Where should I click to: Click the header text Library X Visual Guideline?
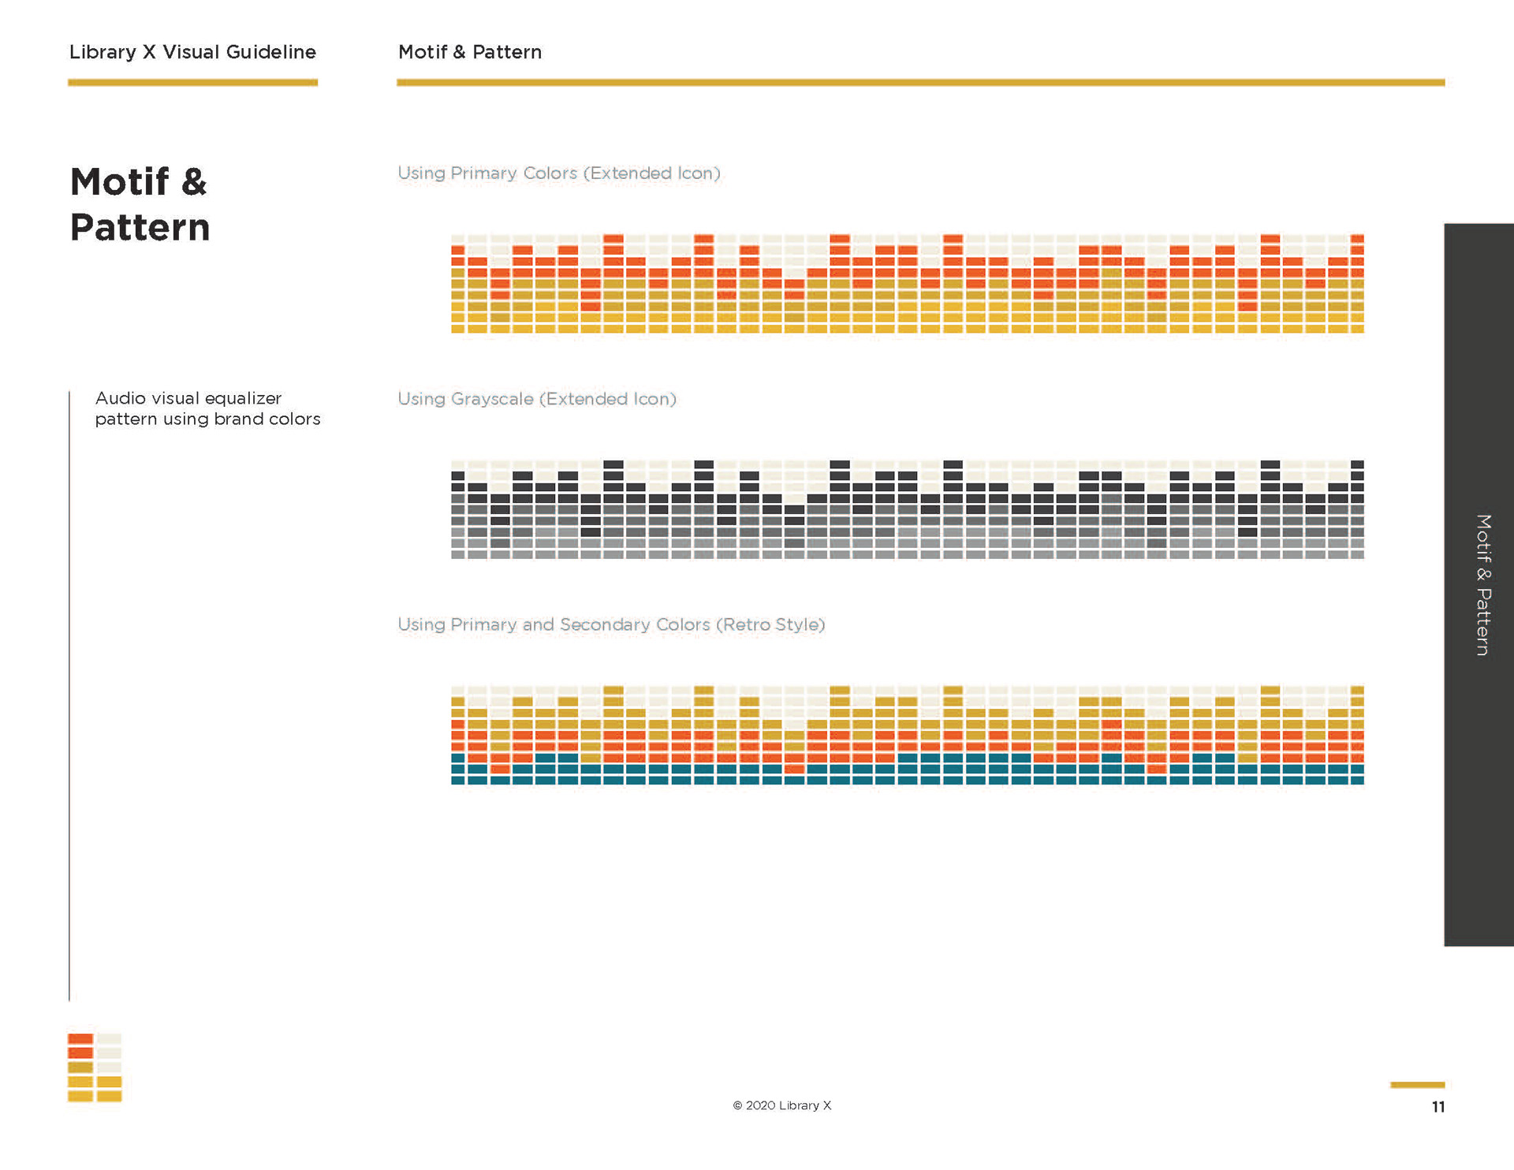click(x=192, y=52)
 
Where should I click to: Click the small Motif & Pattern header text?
click(x=470, y=52)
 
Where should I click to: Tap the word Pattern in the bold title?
click(x=140, y=228)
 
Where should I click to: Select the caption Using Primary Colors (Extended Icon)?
click(x=558, y=173)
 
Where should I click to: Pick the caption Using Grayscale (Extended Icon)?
click(x=536, y=399)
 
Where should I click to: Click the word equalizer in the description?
click(x=242, y=398)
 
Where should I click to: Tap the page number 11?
click(x=1438, y=1107)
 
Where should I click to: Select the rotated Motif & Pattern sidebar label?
click(x=1483, y=584)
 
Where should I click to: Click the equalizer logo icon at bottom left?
click(x=95, y=1068)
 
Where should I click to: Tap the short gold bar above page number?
click(x=1417, y=1085)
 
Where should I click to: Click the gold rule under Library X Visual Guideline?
click(x=192, y=82)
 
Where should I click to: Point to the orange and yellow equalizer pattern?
click(x=907, y=284)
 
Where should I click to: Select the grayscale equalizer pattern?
click(x=907, y=509)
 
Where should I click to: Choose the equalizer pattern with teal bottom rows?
click(x=907, y=735)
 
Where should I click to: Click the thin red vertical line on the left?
click(x=69, y=694)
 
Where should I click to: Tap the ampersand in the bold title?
click(x=194, y=182)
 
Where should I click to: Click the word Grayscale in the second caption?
click(x=492, y=399)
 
